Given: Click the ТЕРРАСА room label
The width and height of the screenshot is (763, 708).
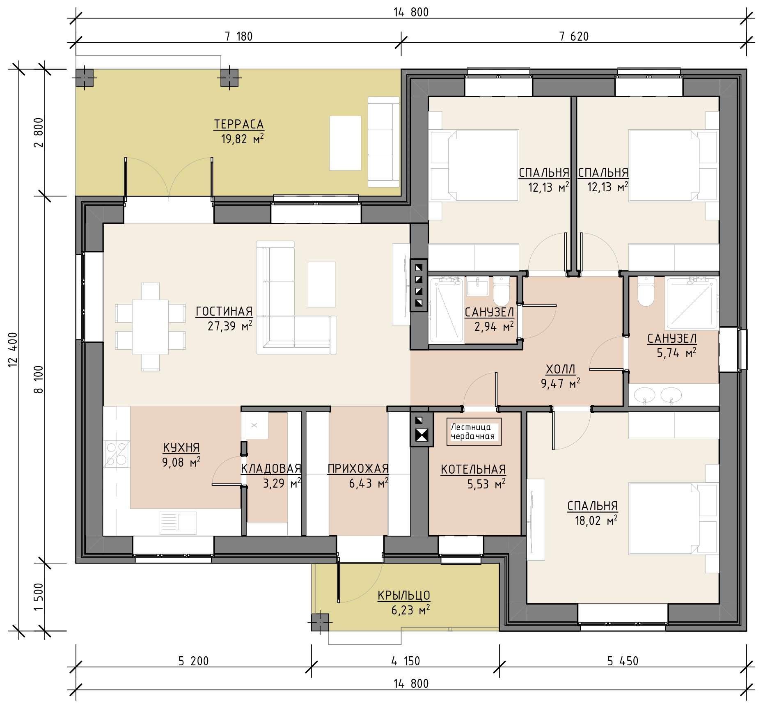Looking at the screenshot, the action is coord(238,124).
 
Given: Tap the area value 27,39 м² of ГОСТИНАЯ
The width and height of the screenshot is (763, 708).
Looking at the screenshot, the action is coord(230,326).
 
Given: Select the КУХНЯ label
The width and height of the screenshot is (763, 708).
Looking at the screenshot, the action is coord(181,447).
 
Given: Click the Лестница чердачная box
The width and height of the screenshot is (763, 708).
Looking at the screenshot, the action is coord(474,432).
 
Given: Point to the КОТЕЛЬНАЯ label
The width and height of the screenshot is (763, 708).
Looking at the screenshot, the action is coord(473,470).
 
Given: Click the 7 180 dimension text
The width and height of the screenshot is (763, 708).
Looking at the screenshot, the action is coord(238,37).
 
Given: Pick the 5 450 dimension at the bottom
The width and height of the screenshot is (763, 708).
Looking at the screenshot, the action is coord(623,661).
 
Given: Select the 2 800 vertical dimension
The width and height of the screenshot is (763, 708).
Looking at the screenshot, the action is coord(38,133).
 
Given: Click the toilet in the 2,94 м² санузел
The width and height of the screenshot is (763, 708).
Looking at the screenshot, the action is coord(501,290).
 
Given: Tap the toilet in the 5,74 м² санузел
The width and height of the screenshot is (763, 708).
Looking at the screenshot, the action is coord(646,291).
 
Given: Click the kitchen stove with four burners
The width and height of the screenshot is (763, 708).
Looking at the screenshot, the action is coord(117,454).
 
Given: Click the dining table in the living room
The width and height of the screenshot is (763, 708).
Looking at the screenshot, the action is coord(150,327).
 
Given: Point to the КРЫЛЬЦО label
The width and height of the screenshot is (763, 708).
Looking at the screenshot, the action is coord(404,596).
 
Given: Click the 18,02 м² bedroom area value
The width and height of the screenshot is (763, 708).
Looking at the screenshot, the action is coord(596,521).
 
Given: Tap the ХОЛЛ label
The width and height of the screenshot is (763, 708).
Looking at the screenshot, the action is coord(560,369).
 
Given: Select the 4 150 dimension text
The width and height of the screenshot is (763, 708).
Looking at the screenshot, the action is coord(405,661).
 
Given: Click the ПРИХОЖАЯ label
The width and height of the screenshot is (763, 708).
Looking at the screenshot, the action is coord(358,468).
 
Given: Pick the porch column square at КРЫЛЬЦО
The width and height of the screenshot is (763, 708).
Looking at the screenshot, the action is coord(320,622).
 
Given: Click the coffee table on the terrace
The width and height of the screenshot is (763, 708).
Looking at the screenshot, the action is coord(345,143).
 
